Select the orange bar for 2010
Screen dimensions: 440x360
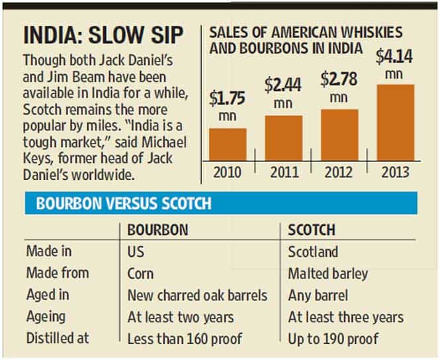[228, 144]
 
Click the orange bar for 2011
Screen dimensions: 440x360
[284, 138]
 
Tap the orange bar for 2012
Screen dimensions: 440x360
[339, 135]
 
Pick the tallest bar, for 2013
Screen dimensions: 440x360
[396, 122]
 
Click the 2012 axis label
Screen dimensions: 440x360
[338, 172]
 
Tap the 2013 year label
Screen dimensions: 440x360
[395, 172]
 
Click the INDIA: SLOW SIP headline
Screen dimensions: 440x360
[103, 35]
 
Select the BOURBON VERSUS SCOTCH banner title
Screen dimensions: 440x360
[124, 203]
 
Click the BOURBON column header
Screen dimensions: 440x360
[157, 230]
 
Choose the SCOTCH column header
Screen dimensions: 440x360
[312, 230]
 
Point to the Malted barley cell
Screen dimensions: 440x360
[328, 273]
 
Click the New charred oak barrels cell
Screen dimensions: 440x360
[197, 295]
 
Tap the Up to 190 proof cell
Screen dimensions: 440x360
[333, 339]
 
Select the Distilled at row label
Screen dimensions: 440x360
[58, 338]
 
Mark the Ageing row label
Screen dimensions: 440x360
[46, 317]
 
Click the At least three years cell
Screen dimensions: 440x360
[345, 318]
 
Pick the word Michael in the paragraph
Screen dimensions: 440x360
[164, 142]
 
